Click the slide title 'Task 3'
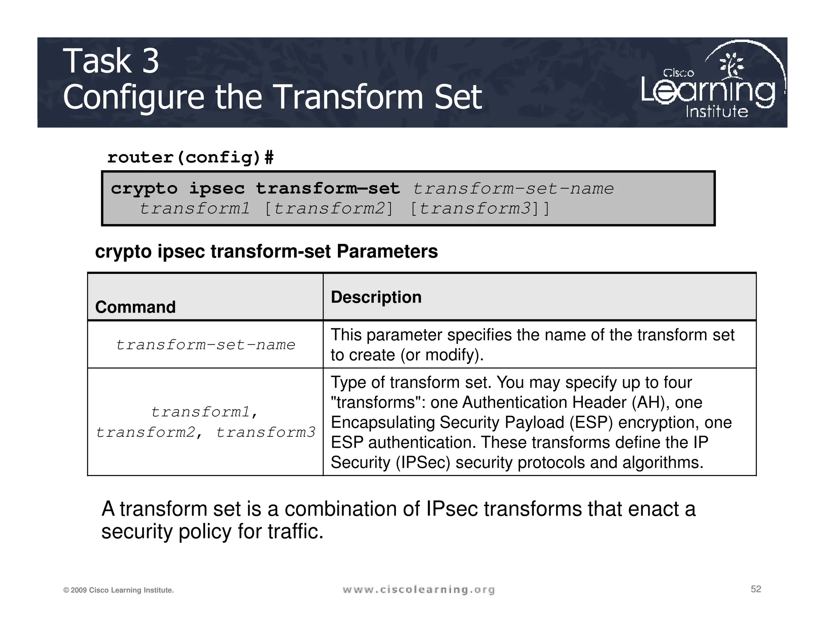coord(111,61)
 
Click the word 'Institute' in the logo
coord(717,112)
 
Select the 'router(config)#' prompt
coord(190,157)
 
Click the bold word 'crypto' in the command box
coord(144,189)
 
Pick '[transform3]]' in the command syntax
coord(479,209)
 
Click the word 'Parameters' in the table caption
coord(387,252)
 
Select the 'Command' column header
coord(135,307)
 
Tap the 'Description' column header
coord(376,297)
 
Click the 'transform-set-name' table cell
coord(205,345)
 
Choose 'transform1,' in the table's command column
coord(205,412)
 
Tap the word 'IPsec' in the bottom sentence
coord(452,509)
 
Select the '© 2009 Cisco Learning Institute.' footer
coord(118,590)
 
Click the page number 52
coord(756,589)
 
